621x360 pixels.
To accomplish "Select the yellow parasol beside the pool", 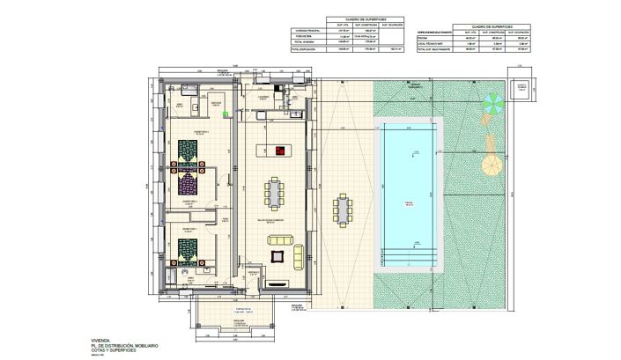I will pos(489,165).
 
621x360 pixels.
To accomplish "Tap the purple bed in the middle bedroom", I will pos(188,182).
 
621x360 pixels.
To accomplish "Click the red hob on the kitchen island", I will pos(280,151).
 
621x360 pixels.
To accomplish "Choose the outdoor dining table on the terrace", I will pos(341,210).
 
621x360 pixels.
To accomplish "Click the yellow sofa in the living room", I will pos(297,255).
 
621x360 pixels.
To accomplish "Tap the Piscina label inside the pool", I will pos(408,202).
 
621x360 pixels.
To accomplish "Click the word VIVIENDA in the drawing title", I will pos(92,338).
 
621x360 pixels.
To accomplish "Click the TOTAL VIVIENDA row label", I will pos(305,42).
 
